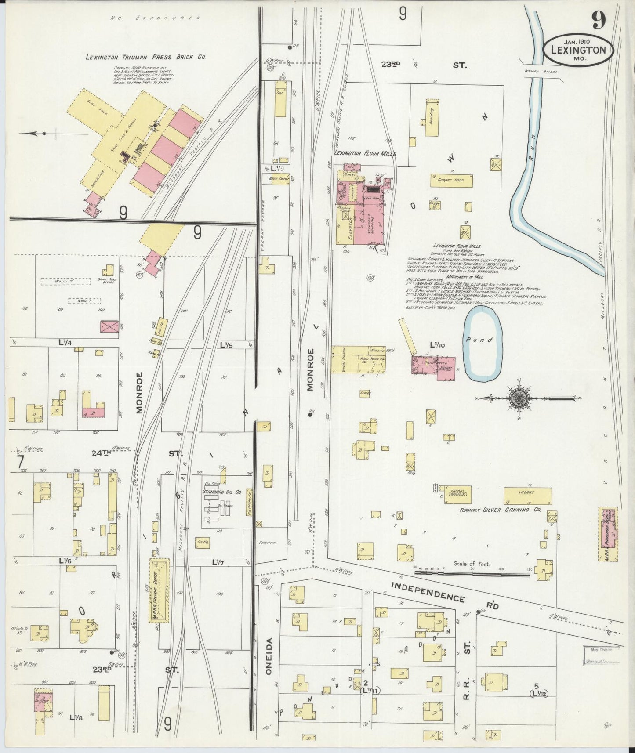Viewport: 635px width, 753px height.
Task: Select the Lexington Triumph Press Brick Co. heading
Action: coord(145,57)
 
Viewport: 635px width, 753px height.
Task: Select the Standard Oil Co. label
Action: coord(222,492)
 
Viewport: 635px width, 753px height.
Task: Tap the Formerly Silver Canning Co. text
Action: coord(500,510)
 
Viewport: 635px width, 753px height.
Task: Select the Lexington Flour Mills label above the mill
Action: coord(365,154)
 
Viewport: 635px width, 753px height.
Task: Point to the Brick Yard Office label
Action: coord(106,280)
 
